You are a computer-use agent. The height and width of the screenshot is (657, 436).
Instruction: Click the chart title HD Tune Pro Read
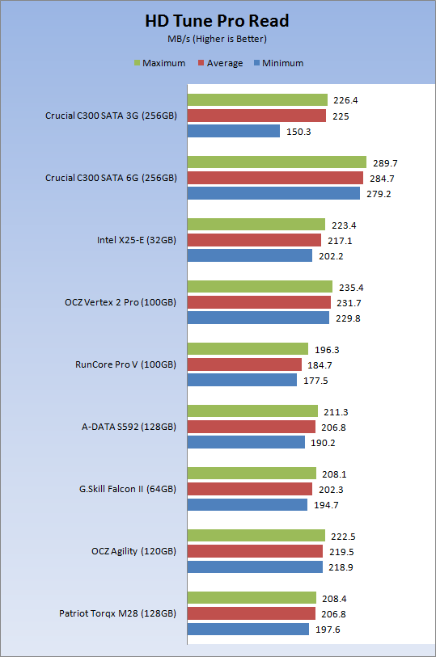217,21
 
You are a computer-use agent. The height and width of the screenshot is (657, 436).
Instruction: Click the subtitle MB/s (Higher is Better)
217,39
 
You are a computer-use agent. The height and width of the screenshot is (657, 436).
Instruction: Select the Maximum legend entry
159,63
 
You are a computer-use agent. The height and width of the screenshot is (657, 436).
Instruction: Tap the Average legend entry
221,63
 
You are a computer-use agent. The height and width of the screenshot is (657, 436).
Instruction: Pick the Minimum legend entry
279,63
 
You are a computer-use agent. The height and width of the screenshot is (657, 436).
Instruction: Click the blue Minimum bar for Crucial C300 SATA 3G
234,131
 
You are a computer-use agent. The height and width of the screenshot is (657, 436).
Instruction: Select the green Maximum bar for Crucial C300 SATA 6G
277,162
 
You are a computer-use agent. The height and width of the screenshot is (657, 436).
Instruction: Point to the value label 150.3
298,132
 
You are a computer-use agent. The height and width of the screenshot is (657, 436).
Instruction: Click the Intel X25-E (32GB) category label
137,240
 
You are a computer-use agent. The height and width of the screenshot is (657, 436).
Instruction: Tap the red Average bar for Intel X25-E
254,240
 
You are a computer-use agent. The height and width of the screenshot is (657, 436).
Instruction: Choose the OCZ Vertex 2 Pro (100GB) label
121,302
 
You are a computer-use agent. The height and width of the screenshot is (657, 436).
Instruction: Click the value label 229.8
348,318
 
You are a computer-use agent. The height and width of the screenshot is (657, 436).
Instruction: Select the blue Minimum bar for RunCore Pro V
242,380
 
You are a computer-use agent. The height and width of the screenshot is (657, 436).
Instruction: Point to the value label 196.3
327,350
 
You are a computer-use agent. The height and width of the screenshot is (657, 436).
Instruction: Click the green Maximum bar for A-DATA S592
252,411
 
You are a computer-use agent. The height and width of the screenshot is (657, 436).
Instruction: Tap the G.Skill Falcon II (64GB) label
128,489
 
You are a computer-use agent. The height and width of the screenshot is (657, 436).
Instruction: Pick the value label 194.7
326,505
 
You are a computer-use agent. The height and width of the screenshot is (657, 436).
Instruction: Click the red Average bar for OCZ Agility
255,551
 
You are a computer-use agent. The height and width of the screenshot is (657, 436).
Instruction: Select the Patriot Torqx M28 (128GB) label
118,613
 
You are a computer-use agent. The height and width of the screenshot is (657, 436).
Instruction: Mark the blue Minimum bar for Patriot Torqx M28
248,629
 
